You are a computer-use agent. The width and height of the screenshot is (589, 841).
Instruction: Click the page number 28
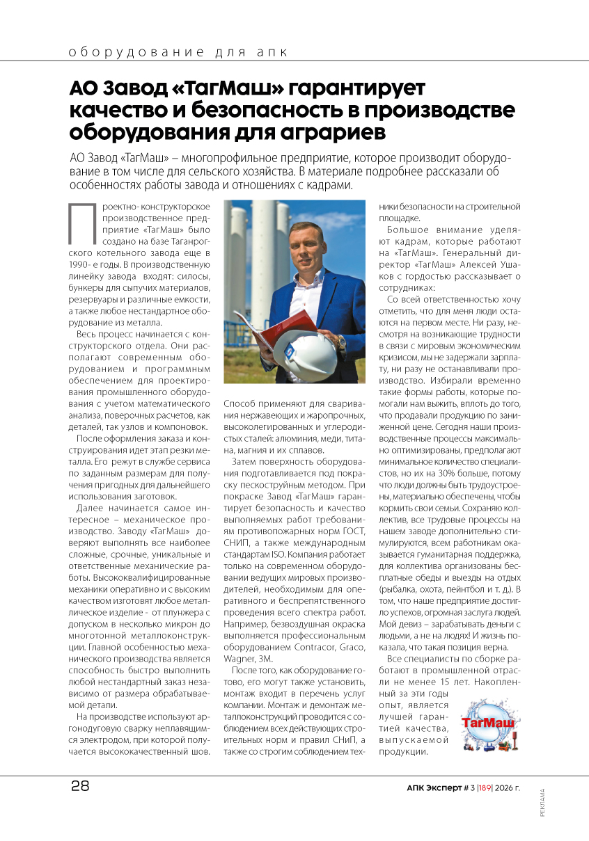click(x=80, y=787)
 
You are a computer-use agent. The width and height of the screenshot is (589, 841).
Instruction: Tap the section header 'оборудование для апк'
click(x=177, y=52)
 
